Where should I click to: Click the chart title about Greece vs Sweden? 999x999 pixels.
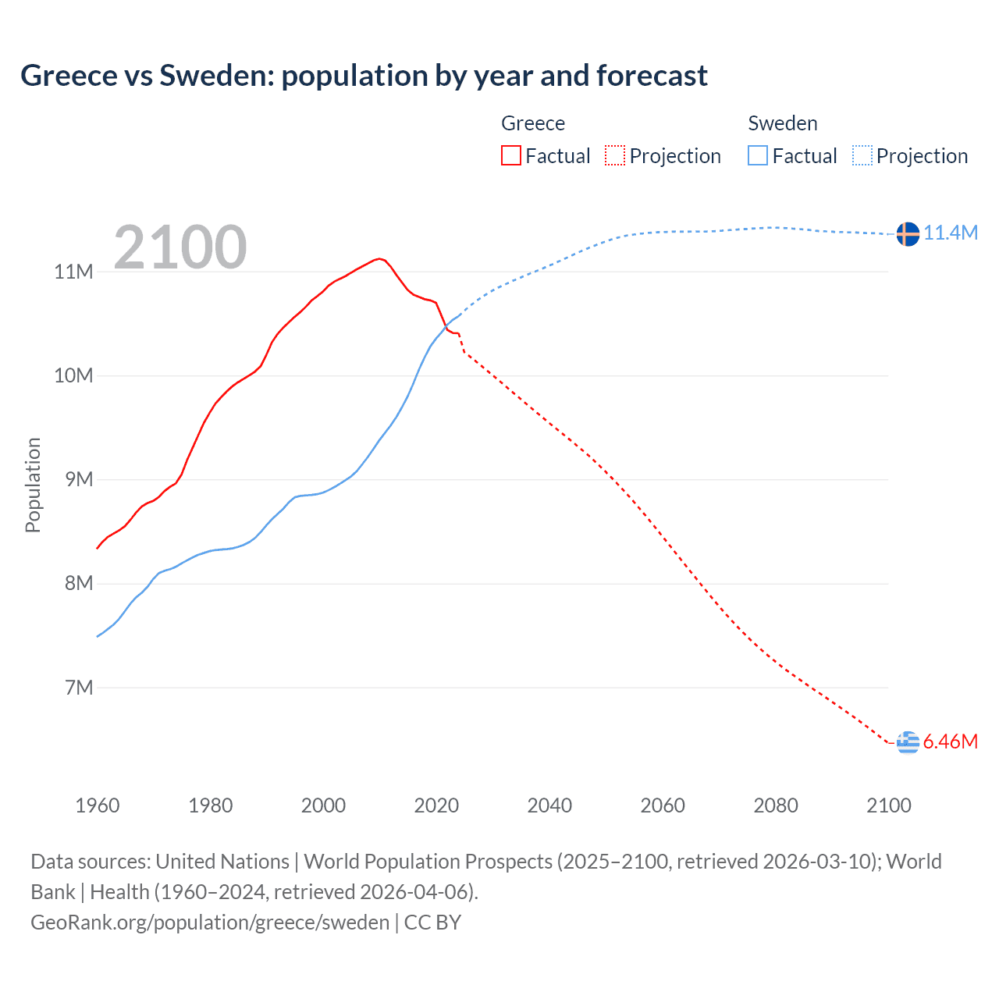(364, 76)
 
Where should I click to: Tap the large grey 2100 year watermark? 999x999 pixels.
(180, 247)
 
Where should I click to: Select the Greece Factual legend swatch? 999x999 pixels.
(510, 155)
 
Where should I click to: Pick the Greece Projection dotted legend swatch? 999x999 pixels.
(615, 155)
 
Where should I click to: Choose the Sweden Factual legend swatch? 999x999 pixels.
(758, 155)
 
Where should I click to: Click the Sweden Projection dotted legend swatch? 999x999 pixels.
(862, 155)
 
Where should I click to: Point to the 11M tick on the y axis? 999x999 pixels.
(73, 272)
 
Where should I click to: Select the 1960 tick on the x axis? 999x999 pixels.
(98, 805)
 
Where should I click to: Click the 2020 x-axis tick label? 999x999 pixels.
(436, 805)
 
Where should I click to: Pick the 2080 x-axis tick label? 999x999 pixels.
(776, 805)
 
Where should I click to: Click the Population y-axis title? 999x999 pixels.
(33, 485)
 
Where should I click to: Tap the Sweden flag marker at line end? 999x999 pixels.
(908, 233)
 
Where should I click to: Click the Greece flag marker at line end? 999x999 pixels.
(908, 742)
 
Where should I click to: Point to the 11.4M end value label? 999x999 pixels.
(951, 233)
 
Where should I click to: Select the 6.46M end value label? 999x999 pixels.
(951, 742)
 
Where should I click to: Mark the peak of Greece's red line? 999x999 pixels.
(379, 258)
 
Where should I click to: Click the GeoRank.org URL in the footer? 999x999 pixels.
(210, 923)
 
